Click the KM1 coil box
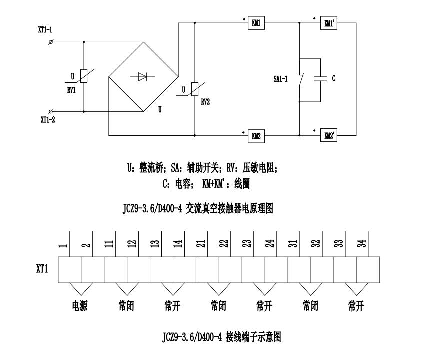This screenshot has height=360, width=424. [256, 23]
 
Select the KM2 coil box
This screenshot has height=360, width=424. [256, 135]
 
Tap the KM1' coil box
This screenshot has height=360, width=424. [328, 23]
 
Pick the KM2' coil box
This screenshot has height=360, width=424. [328, 135]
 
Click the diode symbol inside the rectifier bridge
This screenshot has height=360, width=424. [142, 76]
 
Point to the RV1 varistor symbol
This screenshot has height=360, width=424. [84, 76]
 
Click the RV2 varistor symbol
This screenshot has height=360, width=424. [194, 90]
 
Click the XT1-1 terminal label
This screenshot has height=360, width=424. [45, 30]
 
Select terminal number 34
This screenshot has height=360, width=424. [363, 243]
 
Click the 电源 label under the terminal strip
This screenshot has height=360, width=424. [80, 306]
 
